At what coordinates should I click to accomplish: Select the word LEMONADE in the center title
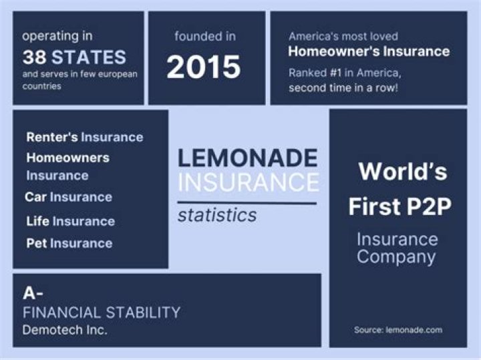point(247,158)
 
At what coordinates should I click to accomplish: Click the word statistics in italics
point(217,216)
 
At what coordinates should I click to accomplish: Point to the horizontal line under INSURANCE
point(247,202)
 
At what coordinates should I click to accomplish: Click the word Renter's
point(52,137)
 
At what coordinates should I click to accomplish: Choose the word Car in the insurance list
point(35,197)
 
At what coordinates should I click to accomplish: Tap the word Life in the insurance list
point(37,221)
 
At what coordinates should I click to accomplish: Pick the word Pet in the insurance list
point(36,244)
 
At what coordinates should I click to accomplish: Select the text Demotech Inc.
point(65,330)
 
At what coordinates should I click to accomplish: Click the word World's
point(403,172)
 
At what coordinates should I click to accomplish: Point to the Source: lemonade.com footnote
point(398,330)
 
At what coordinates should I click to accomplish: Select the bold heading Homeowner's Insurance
point(369,51)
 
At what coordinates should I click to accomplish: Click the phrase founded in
point(206,36)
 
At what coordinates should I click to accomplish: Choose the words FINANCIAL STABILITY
point(102,312)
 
